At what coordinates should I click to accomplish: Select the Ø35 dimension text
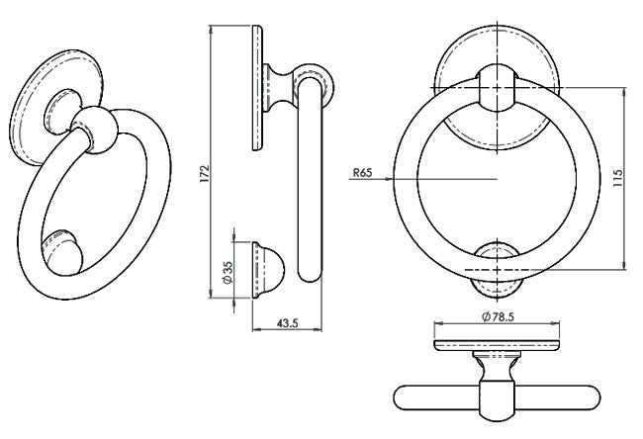pyautogui.click(x=227, y=270)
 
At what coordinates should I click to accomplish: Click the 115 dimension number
pyautogui.click(x=617, y=179)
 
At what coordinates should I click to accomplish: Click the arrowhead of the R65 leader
pyautogui.click(x=395, y=179)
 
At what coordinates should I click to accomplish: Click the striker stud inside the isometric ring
pyautogui.click(x=61, y=251)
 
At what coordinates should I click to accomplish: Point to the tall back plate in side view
pyautogui.click(x=256, y=89)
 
